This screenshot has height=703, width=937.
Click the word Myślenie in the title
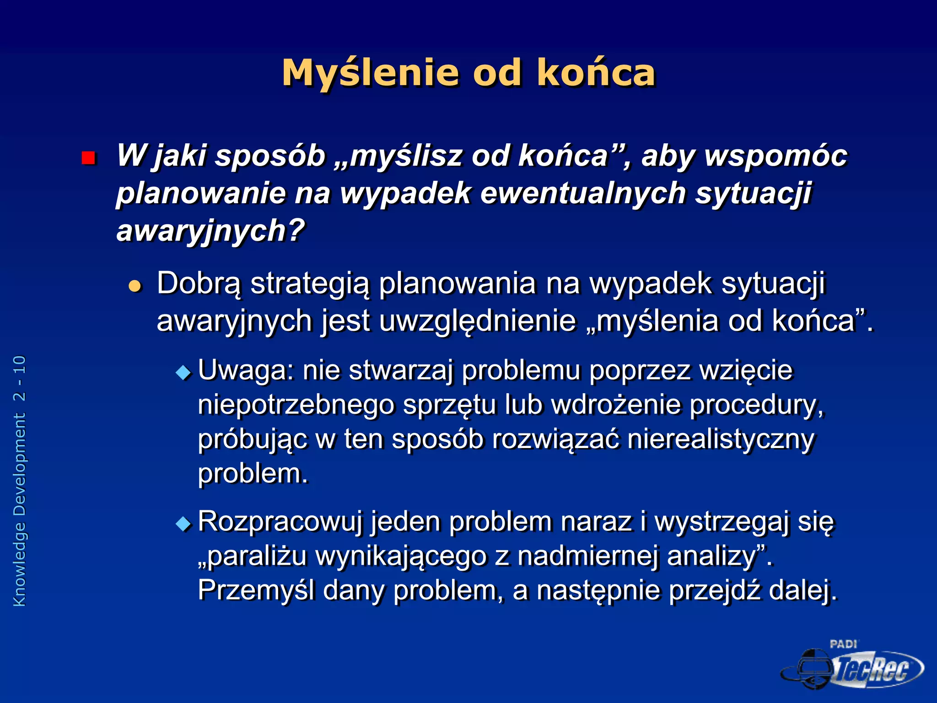pos(370,73)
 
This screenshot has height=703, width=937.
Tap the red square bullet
pos(88,158)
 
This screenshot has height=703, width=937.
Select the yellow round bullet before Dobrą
pos(135,287)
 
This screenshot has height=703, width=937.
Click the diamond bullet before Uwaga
pos(183,372)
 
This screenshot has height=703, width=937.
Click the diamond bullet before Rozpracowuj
pos(183,523)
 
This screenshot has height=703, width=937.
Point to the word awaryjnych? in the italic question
pos(210,231)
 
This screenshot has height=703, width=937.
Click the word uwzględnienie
pos(477,321)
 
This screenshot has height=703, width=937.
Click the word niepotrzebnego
pos(296,405)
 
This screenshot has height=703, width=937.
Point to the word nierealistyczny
pos(721,439)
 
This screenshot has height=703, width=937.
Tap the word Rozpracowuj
pos(280,522)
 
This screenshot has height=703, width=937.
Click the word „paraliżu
pos(252,557)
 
